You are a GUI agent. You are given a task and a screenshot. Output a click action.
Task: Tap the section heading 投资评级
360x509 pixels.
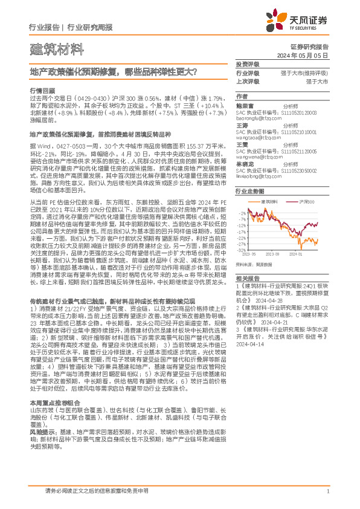click(247, 64)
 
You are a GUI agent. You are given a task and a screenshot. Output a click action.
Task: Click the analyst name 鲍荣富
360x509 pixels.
click(245, 105)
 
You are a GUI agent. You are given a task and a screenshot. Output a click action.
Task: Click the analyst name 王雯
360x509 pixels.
click(242, 144)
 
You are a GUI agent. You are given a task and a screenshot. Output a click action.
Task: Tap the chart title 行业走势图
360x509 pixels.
click(249, 189)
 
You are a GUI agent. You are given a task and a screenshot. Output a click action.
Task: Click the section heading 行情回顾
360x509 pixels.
click(40, 89)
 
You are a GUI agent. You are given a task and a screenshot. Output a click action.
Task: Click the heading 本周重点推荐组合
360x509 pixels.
click(52, 419)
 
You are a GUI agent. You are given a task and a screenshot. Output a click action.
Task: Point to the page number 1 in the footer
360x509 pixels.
click(327, 491)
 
